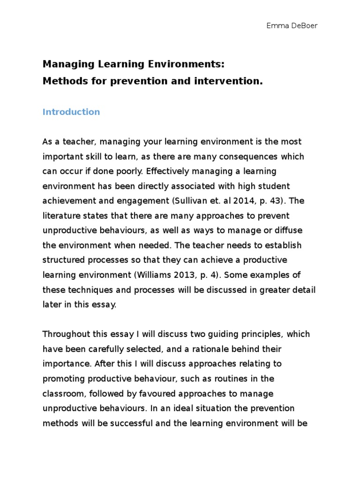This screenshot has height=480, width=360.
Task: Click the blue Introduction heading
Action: pos(71,112)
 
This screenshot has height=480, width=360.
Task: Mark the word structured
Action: pos(63,260)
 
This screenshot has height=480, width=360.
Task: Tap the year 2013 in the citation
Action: pos(171,275)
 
